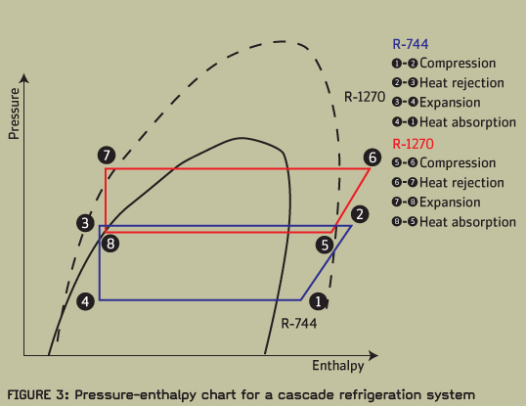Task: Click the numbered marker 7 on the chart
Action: coord(107,156)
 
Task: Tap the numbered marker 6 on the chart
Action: coord(373,158)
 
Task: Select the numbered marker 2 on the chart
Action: coord(360,214)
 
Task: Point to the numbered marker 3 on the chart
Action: coord(85,223)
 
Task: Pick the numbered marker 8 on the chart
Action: coord(110,244)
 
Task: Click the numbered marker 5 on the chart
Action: coord(325,245)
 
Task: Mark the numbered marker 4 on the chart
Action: coord(85,301)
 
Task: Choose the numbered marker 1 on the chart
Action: coord(319,301)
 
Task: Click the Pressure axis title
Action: coord(14,113)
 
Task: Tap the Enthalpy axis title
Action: coord(338,366)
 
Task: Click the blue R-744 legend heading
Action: coord(411,44)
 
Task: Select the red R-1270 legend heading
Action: coord(413,144)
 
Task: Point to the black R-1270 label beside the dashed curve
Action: coord(365,97)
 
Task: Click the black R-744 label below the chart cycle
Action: coord(299,323)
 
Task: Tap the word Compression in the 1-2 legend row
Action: coord(458,63)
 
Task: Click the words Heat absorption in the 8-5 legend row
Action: coord(467,222)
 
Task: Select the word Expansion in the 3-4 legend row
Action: coord(450,103)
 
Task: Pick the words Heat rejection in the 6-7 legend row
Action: coord(461,183)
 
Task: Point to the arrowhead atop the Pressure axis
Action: coord(24,78)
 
